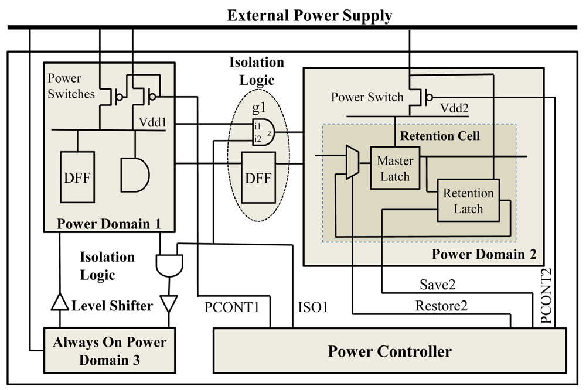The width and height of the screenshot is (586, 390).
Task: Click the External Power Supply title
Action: click(309, 15)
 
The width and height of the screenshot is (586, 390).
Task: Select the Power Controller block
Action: click(389, 351)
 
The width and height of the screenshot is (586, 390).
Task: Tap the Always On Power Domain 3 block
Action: click(110, 351)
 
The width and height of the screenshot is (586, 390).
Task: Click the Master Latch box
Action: click(395, 168)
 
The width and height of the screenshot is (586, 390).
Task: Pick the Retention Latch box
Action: click(468, 201)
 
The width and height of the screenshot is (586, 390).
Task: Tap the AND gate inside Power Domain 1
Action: click(134, 174)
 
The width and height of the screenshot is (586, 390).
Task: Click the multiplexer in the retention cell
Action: click(352, 162)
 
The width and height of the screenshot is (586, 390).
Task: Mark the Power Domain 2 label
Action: click(484, 254)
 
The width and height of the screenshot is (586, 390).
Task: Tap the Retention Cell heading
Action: click(439, 136)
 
